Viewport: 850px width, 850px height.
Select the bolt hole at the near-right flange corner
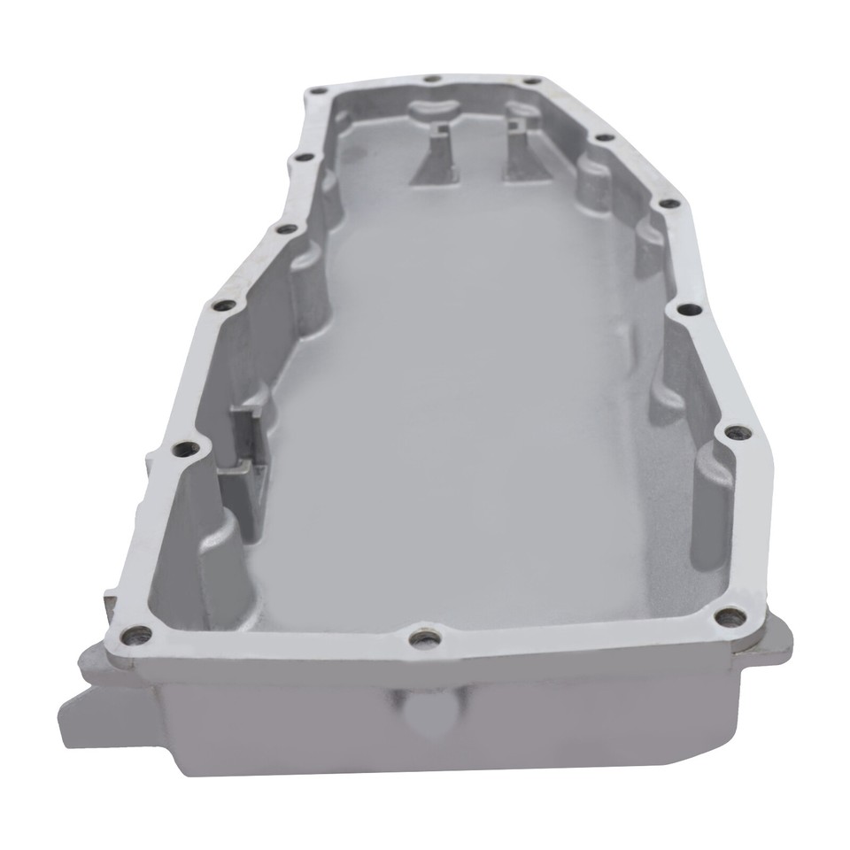tap(727, 617)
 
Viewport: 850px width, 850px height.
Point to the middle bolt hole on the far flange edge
tap(431, 80)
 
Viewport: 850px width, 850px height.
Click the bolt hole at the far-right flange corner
tap(531, 83)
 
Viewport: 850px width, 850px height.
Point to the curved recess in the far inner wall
tap(434, 110)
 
